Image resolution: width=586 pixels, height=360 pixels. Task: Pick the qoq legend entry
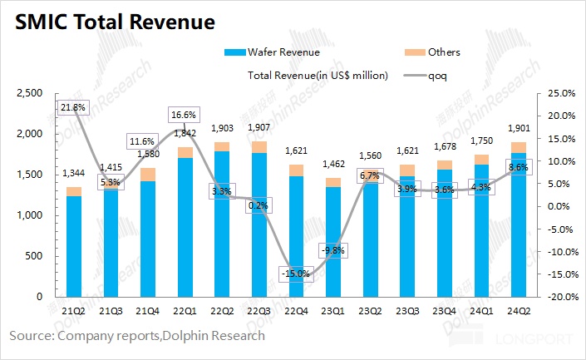click(438, 75)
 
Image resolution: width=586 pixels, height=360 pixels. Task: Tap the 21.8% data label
click(71, 108)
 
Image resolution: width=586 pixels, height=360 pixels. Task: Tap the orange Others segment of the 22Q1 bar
click(185, 152)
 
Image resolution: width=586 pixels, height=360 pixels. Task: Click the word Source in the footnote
click(31, 336)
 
